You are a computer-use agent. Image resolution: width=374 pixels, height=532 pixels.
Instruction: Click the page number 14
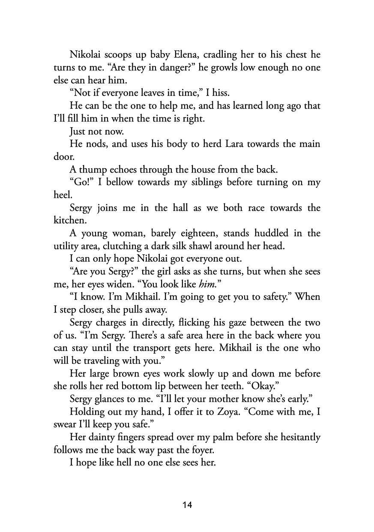(187, 505)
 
